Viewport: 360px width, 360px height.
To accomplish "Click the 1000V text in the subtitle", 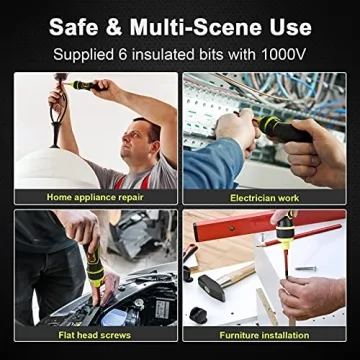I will tap(282, 50).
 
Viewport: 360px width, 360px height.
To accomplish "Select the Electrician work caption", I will tap(265, 197).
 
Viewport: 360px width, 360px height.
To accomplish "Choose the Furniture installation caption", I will tap(265, 339).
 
